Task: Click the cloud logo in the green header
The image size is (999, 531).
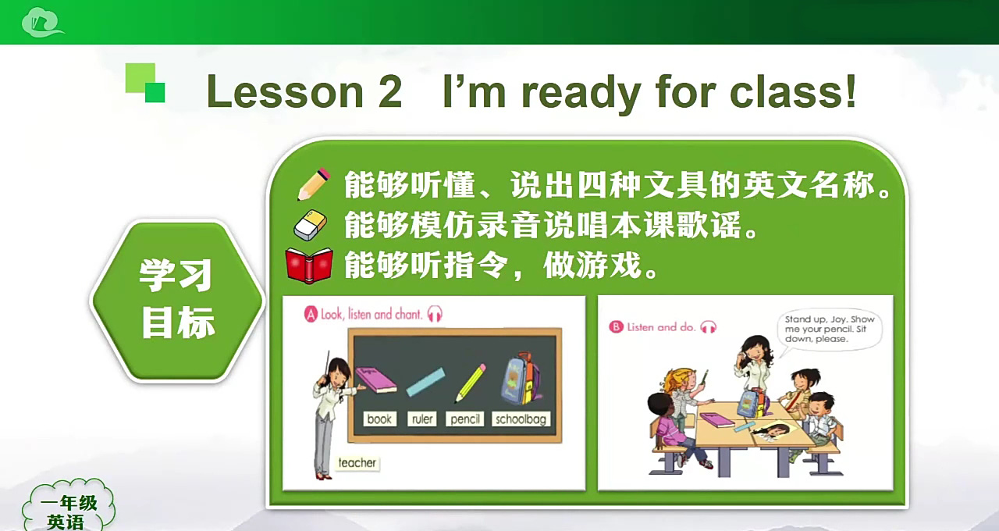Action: click(42, 23)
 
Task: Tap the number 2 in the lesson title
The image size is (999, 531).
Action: click(390, 91)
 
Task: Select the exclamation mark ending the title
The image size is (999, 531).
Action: click(851, 91)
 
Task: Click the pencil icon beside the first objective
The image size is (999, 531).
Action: click(314, 184)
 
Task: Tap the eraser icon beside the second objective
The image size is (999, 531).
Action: click(310, 225)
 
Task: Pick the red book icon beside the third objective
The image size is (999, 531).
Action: click(309, 265)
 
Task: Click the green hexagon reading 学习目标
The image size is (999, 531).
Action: click(177, 301)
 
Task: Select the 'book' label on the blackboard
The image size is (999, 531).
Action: click(379, 419)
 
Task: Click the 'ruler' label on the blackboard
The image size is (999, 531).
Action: click(422, 419)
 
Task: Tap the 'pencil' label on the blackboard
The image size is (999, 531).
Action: click(464, 419)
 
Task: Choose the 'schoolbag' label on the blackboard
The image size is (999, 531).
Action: click(521, 419)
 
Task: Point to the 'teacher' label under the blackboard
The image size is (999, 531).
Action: click(357, 463)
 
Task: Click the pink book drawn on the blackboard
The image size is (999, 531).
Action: click(376, 380)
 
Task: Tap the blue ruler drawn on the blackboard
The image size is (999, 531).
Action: click(425, 382)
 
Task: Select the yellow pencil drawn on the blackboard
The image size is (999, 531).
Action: click(470, 383)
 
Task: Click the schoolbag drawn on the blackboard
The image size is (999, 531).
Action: click(521, 379)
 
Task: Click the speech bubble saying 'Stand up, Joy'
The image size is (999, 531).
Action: click(829, 330)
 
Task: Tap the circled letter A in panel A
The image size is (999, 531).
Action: click(311, 314)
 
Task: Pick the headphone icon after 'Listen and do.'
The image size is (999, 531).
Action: click(708, 327)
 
